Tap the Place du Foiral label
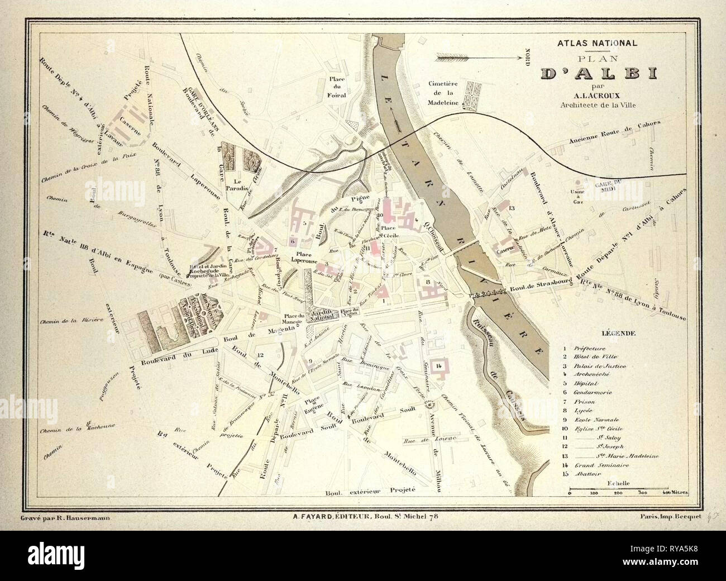(337, 87)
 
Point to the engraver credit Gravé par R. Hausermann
(65, 518)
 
